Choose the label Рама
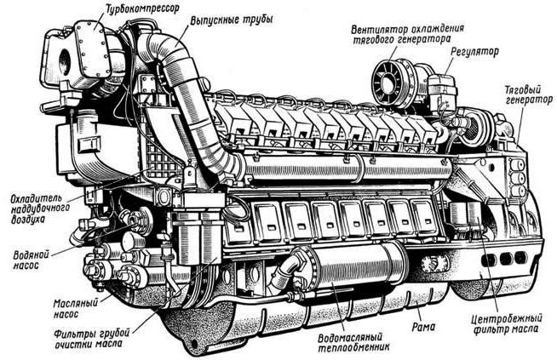pyautogui.click(x=422, y=325)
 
